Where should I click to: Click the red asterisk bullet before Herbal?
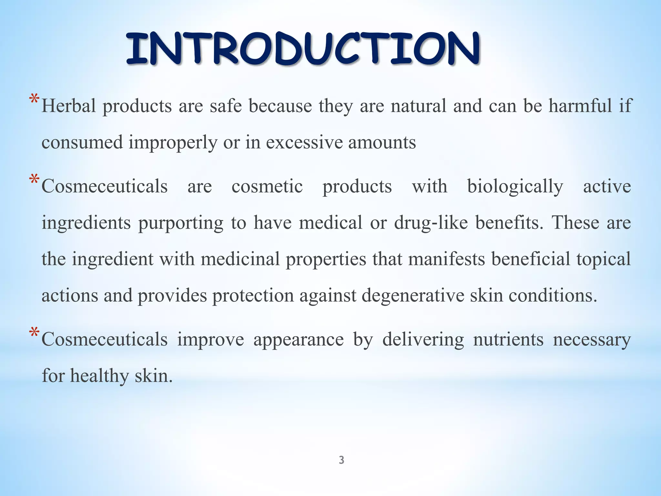pyautogui.click(x=34, y=99)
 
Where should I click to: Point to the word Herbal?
pyautogui.click(x=69, y=106)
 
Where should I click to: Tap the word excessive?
pyautogui.click(x=304, y=142)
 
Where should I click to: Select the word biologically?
pyautogui.click(x=515, y=187)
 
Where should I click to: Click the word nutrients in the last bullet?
pyautogui.click(x=508, y=340)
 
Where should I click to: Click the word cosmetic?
pyautogui.click(x=267, y=187)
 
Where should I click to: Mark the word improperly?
pyautogui.click(x=173, y=142)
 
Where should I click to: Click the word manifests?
pyautogui.click(x=446, y=259)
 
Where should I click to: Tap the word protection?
pyautogui.click(x=253, y=296)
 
